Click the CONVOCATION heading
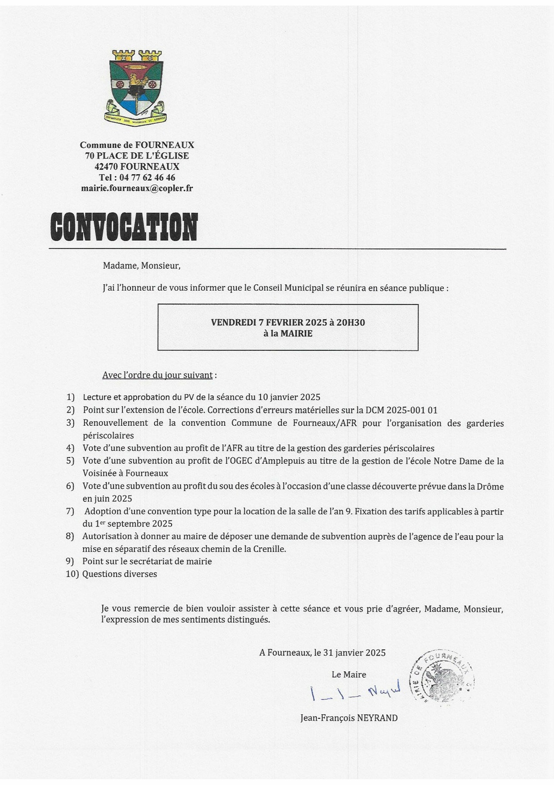point(124,226)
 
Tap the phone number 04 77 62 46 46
point(147,178)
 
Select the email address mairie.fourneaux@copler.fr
point(137,188)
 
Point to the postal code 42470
point(106,166)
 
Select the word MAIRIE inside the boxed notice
point(295,333)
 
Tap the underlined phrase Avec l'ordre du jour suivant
point(157,375)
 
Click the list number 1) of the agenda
point(70,397)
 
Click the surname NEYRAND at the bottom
point(377,718)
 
